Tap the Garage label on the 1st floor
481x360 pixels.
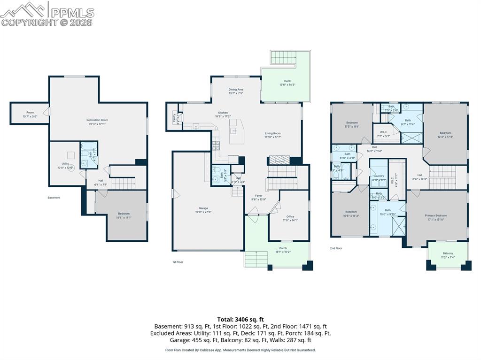[203, 208]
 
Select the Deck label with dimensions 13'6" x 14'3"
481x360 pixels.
[287, 81]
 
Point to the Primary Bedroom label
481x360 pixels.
[436, 215]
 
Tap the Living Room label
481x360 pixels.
[273, 133]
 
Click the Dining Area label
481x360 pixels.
[236, 89]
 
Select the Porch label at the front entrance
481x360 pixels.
[283, 248]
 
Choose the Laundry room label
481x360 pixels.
[379, 176]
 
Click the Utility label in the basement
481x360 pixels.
[65, 164]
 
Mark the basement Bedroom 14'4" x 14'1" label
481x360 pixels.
[124, 214]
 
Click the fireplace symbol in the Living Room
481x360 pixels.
[279, 160]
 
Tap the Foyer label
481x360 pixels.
[259, 196]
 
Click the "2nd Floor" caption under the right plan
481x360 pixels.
[336, 248]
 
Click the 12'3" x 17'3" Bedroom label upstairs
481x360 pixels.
[445, 133]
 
